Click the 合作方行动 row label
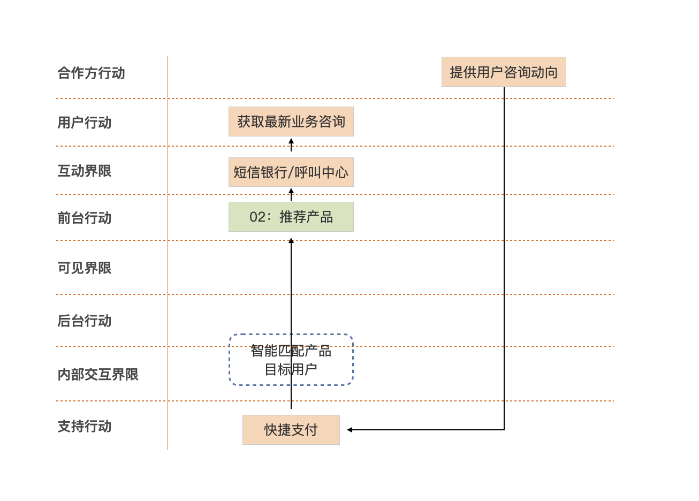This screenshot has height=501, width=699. pos(91,73)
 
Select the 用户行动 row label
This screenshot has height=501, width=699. pos(85,123)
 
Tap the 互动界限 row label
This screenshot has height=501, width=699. pos(85,171)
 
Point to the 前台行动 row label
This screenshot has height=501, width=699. pos(85,218)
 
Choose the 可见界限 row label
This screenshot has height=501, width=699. pos(85,268)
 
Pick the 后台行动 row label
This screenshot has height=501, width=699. pos(85,321)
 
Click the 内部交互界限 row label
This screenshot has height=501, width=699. pos(98,375)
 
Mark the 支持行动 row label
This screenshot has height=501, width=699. pos(85,427)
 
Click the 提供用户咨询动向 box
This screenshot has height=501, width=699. pos(504,72)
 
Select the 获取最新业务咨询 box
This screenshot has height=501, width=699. pos(291,122)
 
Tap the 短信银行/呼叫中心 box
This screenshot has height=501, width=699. pos(291,172)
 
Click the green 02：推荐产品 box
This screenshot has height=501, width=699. pos(291,217)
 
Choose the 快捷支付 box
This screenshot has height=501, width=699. pos(291,430)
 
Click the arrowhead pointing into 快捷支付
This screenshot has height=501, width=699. pos(349,430)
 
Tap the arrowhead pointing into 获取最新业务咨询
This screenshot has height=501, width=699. pos(291,141)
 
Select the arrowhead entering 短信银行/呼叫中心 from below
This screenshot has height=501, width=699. pos(291,191)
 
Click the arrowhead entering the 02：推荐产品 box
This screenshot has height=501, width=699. pos(291,241)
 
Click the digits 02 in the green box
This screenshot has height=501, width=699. pos(257,217)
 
